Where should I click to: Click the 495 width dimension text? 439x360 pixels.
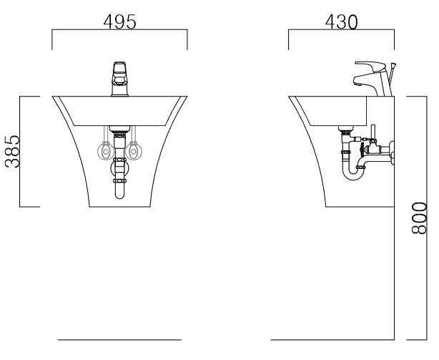click(120, 22)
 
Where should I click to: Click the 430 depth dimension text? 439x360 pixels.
click(341, 22)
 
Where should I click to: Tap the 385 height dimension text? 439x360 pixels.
click(13, 152)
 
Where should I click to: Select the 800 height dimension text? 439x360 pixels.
click(419, 218)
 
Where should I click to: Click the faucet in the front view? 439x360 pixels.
click(120, 79)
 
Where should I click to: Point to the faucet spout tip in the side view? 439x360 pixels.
click(357, 84)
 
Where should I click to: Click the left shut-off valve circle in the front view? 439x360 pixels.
click(106, 151)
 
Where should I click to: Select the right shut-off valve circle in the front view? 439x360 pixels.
click(134, 151)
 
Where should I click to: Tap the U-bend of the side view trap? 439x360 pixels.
click(353, 175)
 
